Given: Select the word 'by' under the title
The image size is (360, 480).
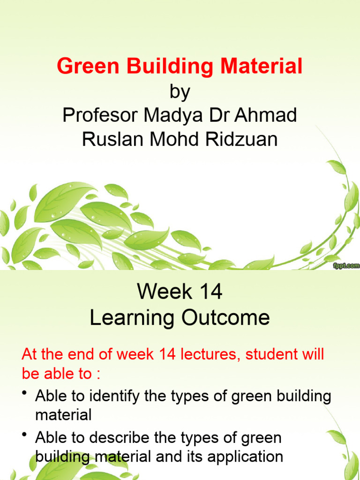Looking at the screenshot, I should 180,92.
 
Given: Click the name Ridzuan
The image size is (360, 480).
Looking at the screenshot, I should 244,139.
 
